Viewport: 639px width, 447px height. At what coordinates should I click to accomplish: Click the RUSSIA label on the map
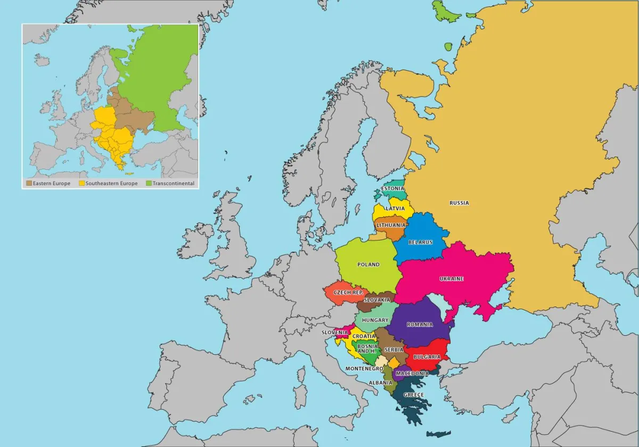pyautogui.click(x=459, y=203)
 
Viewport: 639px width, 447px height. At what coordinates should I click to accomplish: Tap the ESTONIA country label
pyautogui.click(x=392, y=188)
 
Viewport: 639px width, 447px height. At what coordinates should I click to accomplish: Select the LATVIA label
pyautogui.click(x=395, y=209)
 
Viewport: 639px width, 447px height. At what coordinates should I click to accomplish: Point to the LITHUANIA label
pyautogui.click(x=391, y=225)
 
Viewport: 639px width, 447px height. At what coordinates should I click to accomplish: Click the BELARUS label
pyautogui.click(x=420, y=242)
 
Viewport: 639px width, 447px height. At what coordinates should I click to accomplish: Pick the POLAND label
pyautogui.click(x=368, y=264)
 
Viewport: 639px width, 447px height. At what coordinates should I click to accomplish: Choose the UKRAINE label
pyautogui.click(x=451, y=279)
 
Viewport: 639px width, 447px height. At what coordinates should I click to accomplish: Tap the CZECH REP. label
pyautogui.click(x=348, y=293)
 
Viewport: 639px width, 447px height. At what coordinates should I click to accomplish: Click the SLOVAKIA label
pyautogui.click(x=376, y=300)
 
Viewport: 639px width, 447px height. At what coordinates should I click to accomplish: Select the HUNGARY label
pyautogui.click(x=375, y=320)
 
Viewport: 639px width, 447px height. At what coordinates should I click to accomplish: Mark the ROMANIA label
pyautogui.click(x=420, y=325)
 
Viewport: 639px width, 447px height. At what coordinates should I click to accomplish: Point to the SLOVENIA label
pyautogui.click(x=334, y=333)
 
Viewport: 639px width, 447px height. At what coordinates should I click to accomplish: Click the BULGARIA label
pyautogui.click(x=427, y=357)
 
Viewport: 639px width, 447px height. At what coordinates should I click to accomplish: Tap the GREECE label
pyautogui.click(x=414, y=395)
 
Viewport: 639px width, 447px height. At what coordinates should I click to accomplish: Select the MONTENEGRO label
pyautogui.click(x=364, y=369)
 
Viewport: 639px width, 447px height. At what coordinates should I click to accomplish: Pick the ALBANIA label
pyautogui.click(x=380, y=383)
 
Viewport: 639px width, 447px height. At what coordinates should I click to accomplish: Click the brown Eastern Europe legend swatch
pyautogui.click(x=29, y=184)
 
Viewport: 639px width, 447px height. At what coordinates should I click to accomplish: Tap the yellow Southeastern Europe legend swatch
pyautogui.click(x=82, y=184)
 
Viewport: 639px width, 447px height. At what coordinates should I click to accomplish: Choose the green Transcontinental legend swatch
pyautogui.click(x=149, y=184)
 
